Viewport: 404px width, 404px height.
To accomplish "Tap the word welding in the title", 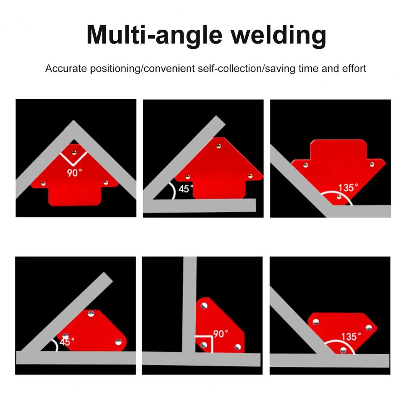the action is pyautogui.click(x=278, y=36).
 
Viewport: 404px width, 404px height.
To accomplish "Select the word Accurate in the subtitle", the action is pyautogui.click(x=66, y=69).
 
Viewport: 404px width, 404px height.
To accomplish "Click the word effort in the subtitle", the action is pyautogui.click(x=354, y=69).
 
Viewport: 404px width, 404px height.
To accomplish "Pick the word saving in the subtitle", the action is pyautogui.click(x=280, y=69).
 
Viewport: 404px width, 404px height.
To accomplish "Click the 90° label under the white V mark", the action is pyautogui.click(x=74, y=173).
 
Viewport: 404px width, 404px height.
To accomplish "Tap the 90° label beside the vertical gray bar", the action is pyautogui.click(x=221, y=334).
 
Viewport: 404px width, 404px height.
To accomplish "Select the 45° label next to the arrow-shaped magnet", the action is pyautogui.click(x=186, y=189).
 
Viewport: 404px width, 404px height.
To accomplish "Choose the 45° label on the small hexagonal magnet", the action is pyautogui.click(x=67, y=342).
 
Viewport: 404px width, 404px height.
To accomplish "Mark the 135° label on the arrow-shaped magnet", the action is pyautogui.click(x=348, y=188).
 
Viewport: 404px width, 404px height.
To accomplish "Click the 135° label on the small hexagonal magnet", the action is pyautogui.click(x=351, y=337).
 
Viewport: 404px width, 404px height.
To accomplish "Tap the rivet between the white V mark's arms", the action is pyautogui.click(x=74, y=153).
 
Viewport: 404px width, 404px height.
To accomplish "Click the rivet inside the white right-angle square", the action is pyautogui.click(x=204, y=345).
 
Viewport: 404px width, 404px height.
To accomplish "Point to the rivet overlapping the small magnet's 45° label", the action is pyautogui.click(x=65, y=336).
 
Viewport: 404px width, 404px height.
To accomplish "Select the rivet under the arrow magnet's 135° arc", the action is pyautogui.click(x=339, y=197).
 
